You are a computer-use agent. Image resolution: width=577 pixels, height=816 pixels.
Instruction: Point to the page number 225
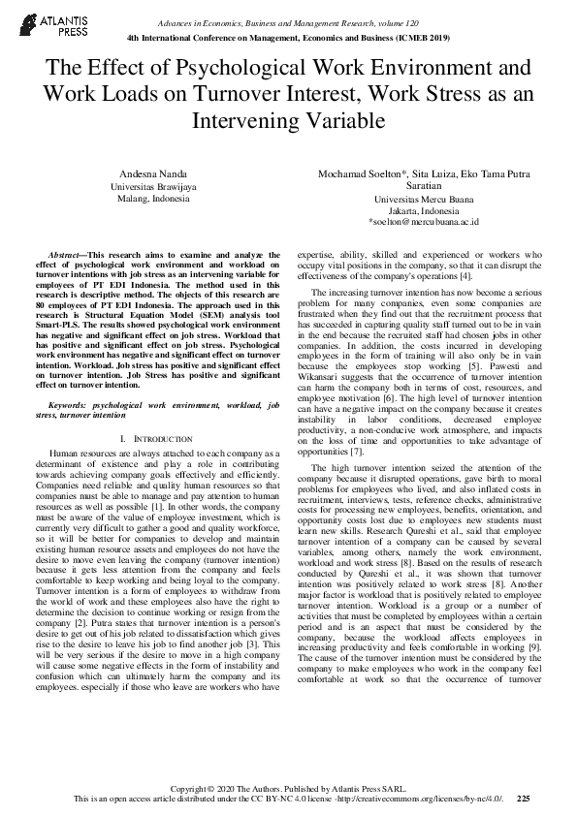pyautogui.click(x=523, y=799)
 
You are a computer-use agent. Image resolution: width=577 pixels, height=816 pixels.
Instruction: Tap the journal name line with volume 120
pyautogui.click(x=289, y=20)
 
